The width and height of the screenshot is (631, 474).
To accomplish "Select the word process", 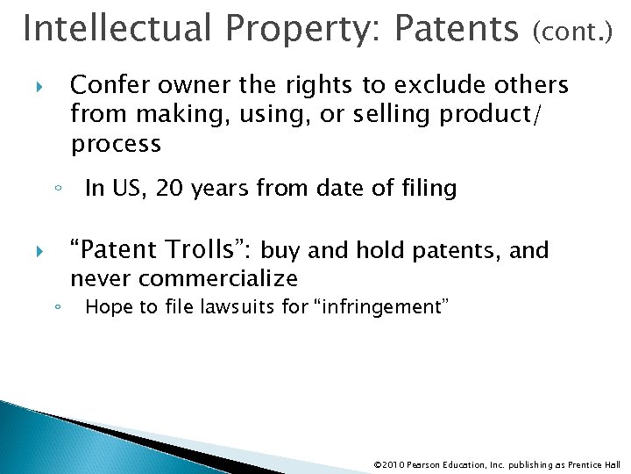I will coord(116,143).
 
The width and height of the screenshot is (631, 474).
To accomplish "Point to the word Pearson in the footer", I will coord(420,462).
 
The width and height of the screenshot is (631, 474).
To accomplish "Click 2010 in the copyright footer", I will coord(390,462).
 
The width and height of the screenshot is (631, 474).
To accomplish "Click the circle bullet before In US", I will coord(55,189).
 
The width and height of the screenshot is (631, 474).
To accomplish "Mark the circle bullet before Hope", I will coord(55,308).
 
